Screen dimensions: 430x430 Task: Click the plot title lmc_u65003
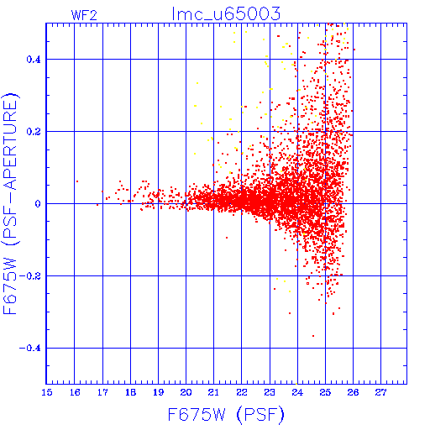point(226,14)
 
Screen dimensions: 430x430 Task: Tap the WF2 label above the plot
point(84,15)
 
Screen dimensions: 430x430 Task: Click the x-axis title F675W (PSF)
point(226,415)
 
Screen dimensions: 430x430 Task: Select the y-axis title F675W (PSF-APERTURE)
point(10,203)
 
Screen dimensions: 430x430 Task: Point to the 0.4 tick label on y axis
point(34,60)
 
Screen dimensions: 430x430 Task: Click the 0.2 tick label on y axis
point(34,132)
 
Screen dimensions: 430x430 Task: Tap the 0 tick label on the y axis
point(38,204)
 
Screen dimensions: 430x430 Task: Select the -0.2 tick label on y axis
point(30,276)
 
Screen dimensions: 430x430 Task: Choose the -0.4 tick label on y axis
point(30,349)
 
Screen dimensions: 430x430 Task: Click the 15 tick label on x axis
point(47,392)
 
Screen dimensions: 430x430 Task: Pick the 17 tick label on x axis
point(102,392)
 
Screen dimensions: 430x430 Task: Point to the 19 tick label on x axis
point(159,392)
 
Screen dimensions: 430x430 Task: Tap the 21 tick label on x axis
point(214,392)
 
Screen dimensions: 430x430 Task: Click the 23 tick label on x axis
point(270,392)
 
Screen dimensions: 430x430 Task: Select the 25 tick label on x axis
point(325,392)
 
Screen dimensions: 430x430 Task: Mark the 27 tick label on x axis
point(381,392)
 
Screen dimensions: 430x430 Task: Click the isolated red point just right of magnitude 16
point(77,181)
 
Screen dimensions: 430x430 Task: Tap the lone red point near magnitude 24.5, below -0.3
point(313,336)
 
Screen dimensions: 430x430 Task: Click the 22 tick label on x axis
point(242,392)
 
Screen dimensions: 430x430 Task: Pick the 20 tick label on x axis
point(186,392)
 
